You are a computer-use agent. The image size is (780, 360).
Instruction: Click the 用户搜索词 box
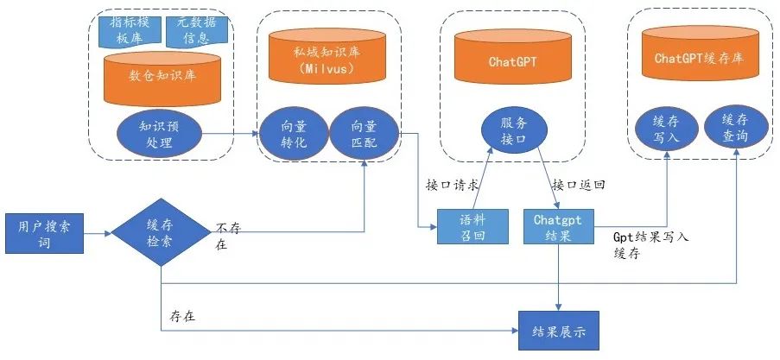point(41,233)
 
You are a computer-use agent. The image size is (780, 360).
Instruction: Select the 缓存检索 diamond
point(161,232)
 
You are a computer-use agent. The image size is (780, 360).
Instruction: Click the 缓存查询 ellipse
point(733,129)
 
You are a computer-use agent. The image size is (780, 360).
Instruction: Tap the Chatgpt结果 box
point(557,227)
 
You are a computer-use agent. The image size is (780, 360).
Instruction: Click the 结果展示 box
point(557,330)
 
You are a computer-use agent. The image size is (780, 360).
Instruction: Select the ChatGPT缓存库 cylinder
point(699,59)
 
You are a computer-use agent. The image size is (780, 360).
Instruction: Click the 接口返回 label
point(578,186)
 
